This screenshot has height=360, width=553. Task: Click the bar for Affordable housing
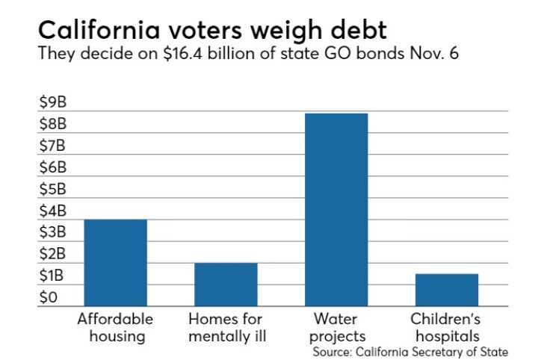115,263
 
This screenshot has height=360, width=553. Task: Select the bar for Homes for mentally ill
226,285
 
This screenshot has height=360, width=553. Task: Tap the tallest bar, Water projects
336,210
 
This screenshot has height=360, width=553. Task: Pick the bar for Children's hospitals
446,290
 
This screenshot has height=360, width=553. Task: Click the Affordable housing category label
115,327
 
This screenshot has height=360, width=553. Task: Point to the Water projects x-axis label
336,327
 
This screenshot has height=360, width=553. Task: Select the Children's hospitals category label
446,327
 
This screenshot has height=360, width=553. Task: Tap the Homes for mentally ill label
226,327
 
